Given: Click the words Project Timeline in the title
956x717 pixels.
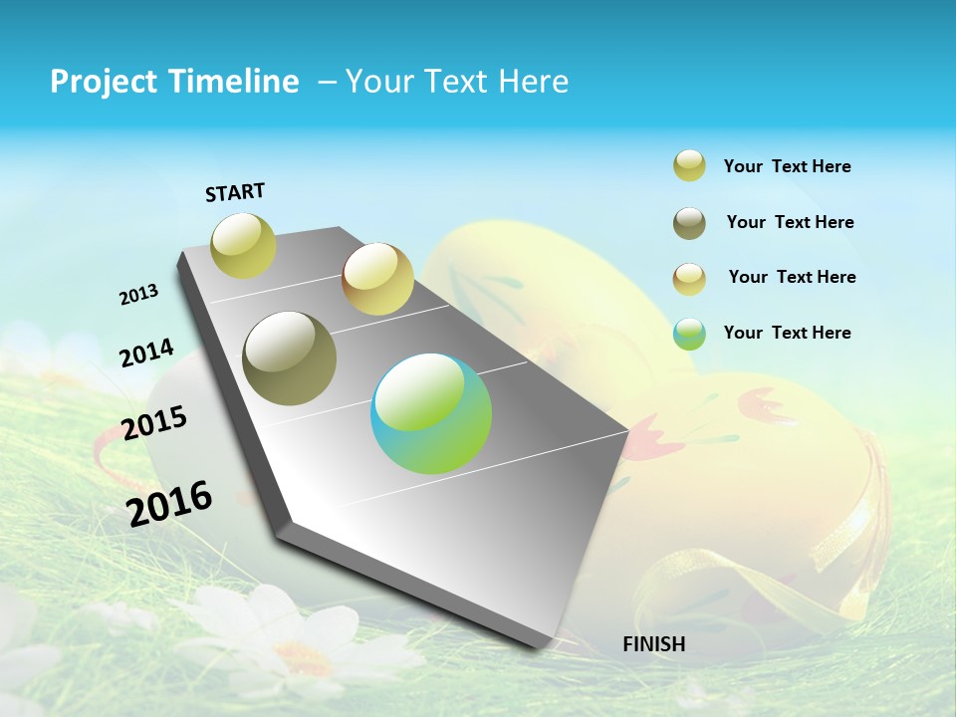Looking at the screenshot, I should tap(174, 82).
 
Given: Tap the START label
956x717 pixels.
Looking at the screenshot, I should tap(235, 192).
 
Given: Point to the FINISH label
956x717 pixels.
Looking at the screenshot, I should tap(654, 644).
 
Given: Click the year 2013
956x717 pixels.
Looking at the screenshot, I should tap(139, 294).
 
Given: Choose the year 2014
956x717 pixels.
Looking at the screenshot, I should tap(147, 353).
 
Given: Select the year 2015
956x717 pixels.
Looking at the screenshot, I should tap(154, 423).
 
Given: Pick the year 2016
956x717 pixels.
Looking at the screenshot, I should tap(169, 503).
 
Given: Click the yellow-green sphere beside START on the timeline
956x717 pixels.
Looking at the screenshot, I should tap(244, 245).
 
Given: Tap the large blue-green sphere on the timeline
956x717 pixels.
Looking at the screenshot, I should tap(431, 413).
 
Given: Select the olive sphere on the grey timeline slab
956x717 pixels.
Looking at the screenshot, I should tap(290, 358).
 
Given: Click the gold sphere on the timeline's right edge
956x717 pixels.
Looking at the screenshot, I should tap(377, 279).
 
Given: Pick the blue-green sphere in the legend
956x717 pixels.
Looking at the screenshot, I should tap(689, 334).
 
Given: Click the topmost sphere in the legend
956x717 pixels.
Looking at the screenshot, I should tap(689, 165).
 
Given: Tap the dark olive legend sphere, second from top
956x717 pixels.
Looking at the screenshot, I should tap(689, 223).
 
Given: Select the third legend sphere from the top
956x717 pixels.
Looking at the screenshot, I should tap(689, 278).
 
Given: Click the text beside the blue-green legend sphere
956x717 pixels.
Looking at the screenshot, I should tap(787, 333).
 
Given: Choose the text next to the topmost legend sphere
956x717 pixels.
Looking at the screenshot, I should tap(787, 166).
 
